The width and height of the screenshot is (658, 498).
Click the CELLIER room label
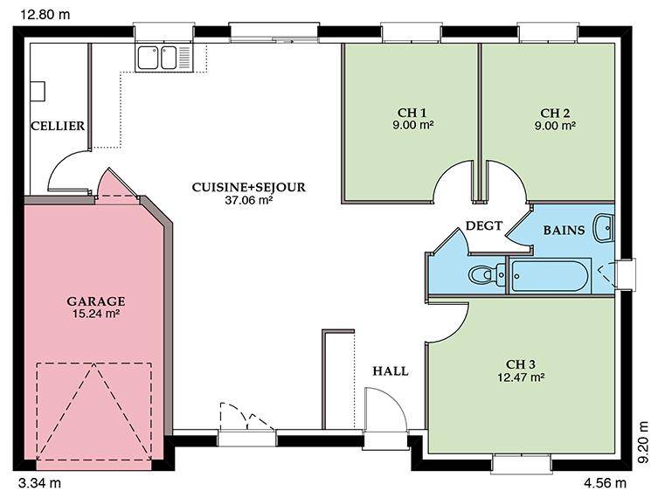point(58,126)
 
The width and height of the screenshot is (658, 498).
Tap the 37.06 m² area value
point(249,200)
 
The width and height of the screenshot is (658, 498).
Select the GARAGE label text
point(95,301)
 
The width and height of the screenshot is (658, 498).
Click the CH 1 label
point(412,113)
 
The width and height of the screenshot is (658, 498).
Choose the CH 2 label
point(555,113)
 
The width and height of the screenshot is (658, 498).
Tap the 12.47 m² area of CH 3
point(521,377)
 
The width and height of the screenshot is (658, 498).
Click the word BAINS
point(564,230)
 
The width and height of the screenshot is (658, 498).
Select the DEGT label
point(484,225)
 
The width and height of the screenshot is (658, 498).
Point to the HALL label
point(391,370)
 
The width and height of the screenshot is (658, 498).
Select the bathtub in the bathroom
point(550,275)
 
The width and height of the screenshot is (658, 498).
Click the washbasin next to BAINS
point(604,227)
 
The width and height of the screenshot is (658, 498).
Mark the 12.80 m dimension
point(45,15)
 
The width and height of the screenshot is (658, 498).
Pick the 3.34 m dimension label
point(40,483)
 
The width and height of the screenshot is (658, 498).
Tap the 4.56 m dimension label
point(605,483)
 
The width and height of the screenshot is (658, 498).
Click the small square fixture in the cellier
point(38,91)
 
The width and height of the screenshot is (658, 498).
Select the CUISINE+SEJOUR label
point(249,187)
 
